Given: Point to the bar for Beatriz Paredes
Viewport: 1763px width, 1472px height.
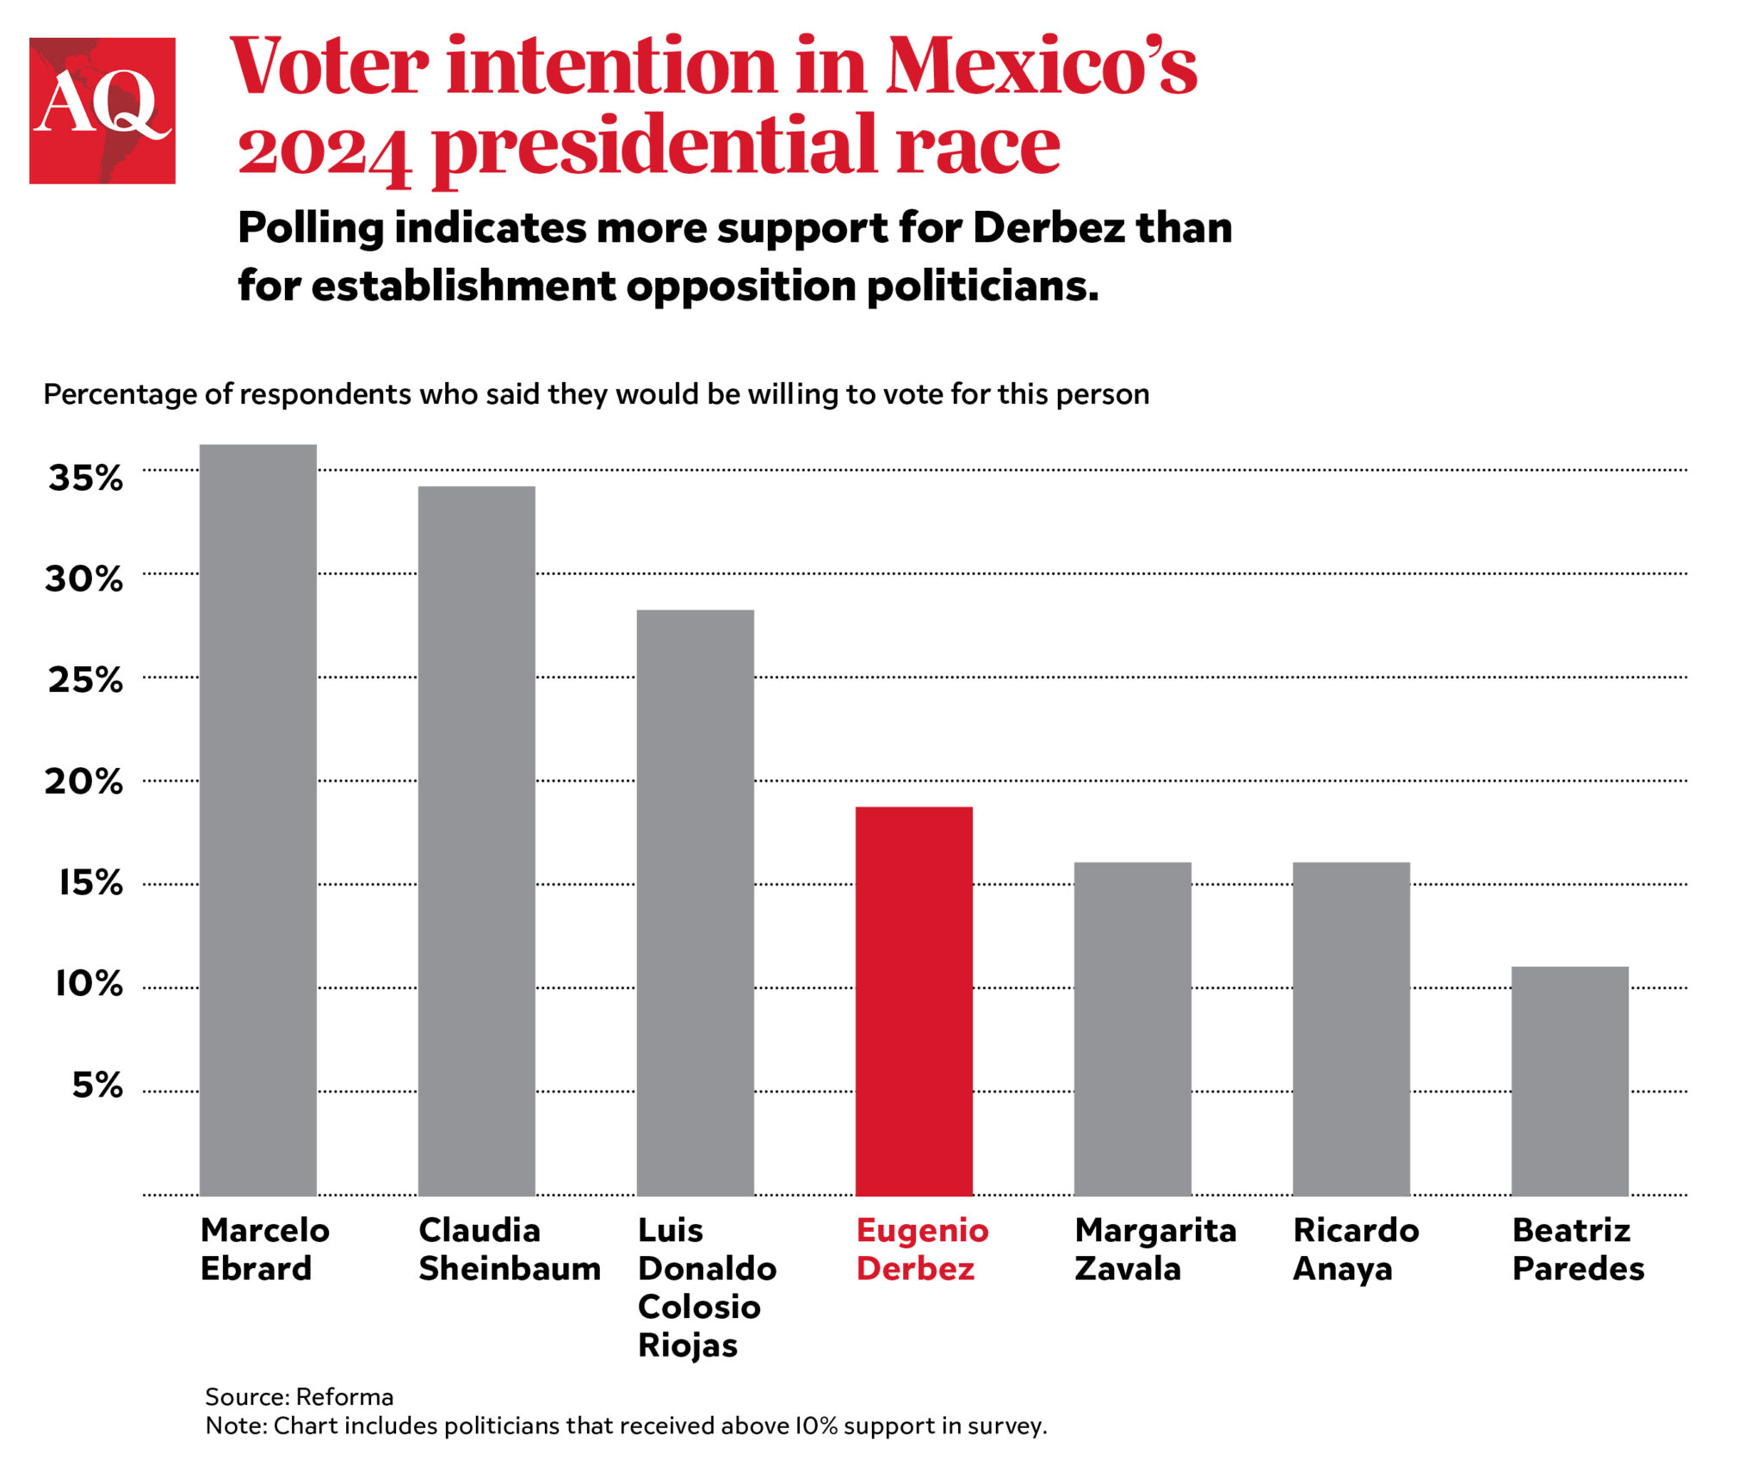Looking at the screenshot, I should click(x=1569, y=1080).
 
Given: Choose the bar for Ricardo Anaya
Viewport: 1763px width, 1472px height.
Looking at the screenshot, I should click(x=1351, y=1029).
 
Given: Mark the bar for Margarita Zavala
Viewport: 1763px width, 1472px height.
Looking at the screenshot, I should click(x=1132, y=1029).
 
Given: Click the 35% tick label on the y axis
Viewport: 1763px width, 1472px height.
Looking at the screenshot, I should click(x=85, y=478).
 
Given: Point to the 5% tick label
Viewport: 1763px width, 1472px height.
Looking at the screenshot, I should click(x=96, y=1085).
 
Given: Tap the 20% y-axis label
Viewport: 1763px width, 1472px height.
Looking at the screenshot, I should click(x=84, y=782).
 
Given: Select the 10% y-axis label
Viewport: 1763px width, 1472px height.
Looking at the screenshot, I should click(x=89, y=984).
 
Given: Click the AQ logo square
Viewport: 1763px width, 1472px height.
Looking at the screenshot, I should click(x=102, y=110).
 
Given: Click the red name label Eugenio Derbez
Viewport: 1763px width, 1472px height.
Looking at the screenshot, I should click(x=921, y=1249).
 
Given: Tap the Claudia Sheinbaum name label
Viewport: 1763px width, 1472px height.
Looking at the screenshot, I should click(x=509, y=1249).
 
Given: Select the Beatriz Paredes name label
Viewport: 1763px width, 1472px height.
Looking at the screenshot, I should click(x=1577, y=1249).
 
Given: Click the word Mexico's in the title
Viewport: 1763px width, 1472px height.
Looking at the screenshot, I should click(x=1041, y=66).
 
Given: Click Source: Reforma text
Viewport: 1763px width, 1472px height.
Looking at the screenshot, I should click(x=299, y=1396).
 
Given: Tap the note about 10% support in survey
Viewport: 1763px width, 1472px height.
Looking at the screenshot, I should click(x=626, y=1426).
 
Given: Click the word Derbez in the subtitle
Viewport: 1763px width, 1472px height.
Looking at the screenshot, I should click(x=1049, y=228).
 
